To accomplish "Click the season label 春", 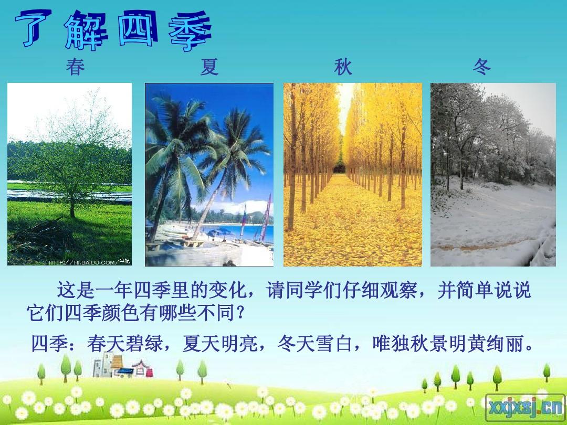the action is (x=75, y=67).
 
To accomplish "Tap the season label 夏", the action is (x=209, y=67).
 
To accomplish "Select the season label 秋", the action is (x=343, y=67).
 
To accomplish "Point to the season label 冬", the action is (x=481, y=67).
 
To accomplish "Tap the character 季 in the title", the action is (x=190, y=31).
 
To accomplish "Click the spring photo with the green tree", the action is (x=69, y=174).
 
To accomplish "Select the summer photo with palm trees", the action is (x=209, y=175).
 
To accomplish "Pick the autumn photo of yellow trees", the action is (x=353, y=175).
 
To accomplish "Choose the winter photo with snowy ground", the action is (x=493, y=175).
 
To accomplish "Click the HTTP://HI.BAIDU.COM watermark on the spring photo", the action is (x=89, y=262).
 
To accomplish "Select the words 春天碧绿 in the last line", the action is (x=125, y=343).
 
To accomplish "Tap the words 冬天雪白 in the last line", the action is (x=315, y=343).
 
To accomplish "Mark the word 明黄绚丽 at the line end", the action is (x=487, y=343).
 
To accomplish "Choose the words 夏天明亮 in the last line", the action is (x=220, y=343).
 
